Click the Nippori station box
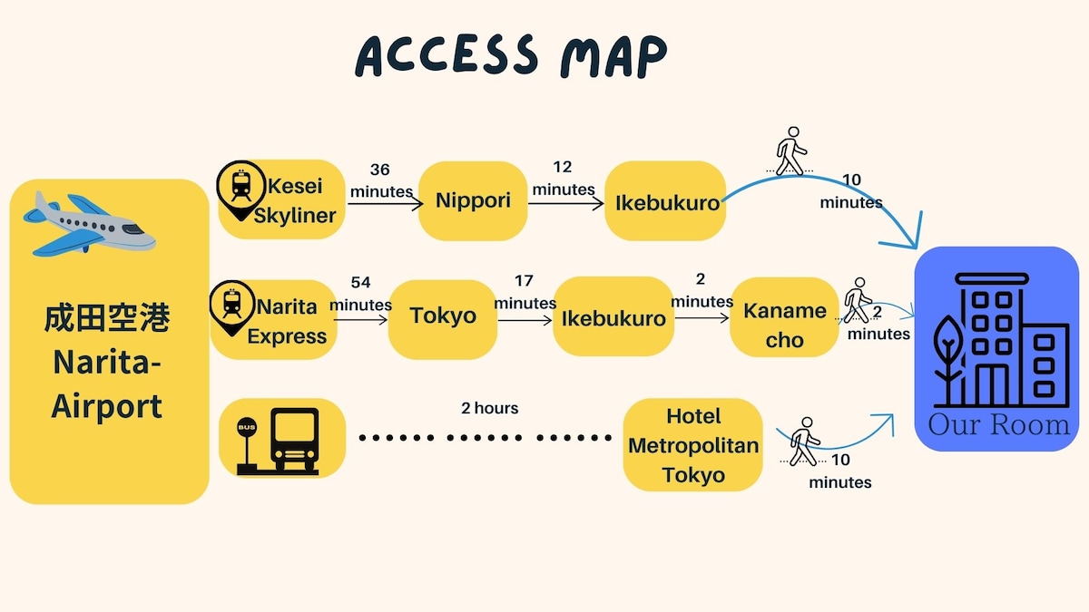coord(473,200)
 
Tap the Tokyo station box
coord(443,319)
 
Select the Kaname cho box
coord(784,317)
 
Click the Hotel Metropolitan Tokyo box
coord(692,445)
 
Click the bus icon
coord(278,441)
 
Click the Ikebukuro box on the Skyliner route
coord(665,200)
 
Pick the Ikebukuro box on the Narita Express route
coord(613,316)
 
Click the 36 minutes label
coord(380,180)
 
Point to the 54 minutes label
coord(361,294)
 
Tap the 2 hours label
coord(489,408)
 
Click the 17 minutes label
coord(525,292)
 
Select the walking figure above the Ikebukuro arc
coord(790,151)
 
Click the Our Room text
coord(999,425)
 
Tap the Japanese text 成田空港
coord(107,318)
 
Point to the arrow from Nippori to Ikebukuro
coord(566,203)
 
